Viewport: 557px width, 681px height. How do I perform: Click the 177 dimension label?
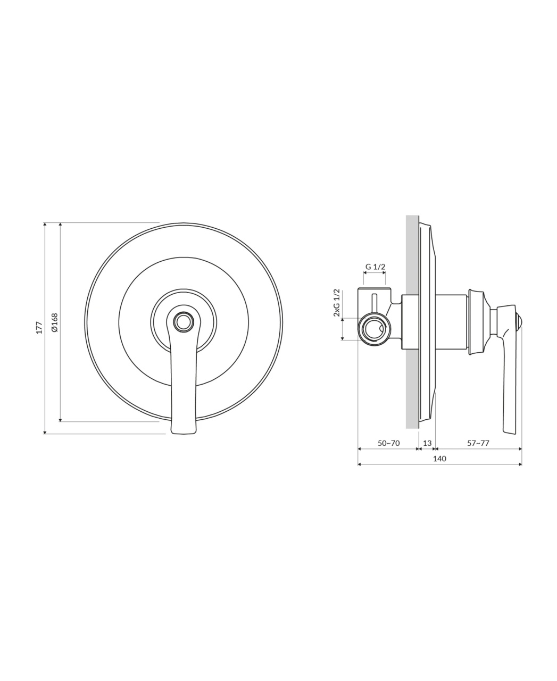39,327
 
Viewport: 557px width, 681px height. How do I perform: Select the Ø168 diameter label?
54,322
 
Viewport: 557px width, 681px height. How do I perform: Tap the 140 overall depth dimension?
439,459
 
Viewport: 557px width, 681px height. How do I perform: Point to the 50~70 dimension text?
389,443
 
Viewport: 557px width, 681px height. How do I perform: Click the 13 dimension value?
427,443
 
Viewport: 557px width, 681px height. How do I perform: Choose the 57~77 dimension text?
478,443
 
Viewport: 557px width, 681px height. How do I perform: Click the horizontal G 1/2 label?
375,267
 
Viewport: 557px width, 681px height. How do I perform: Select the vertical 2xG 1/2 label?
336,303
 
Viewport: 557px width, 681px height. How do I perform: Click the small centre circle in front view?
184,321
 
